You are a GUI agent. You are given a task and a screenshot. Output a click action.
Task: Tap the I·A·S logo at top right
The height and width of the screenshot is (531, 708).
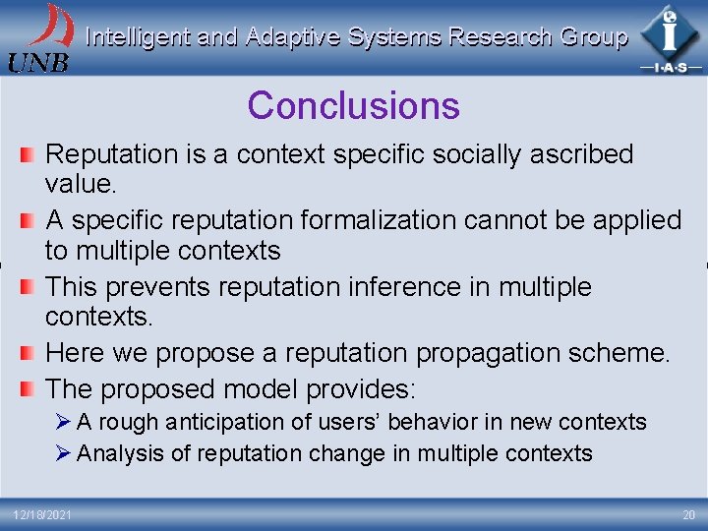(671, 38)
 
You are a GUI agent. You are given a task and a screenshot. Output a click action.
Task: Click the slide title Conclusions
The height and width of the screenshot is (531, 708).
(353, 105)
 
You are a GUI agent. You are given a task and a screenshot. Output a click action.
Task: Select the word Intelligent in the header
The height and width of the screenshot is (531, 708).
(138, 37)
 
